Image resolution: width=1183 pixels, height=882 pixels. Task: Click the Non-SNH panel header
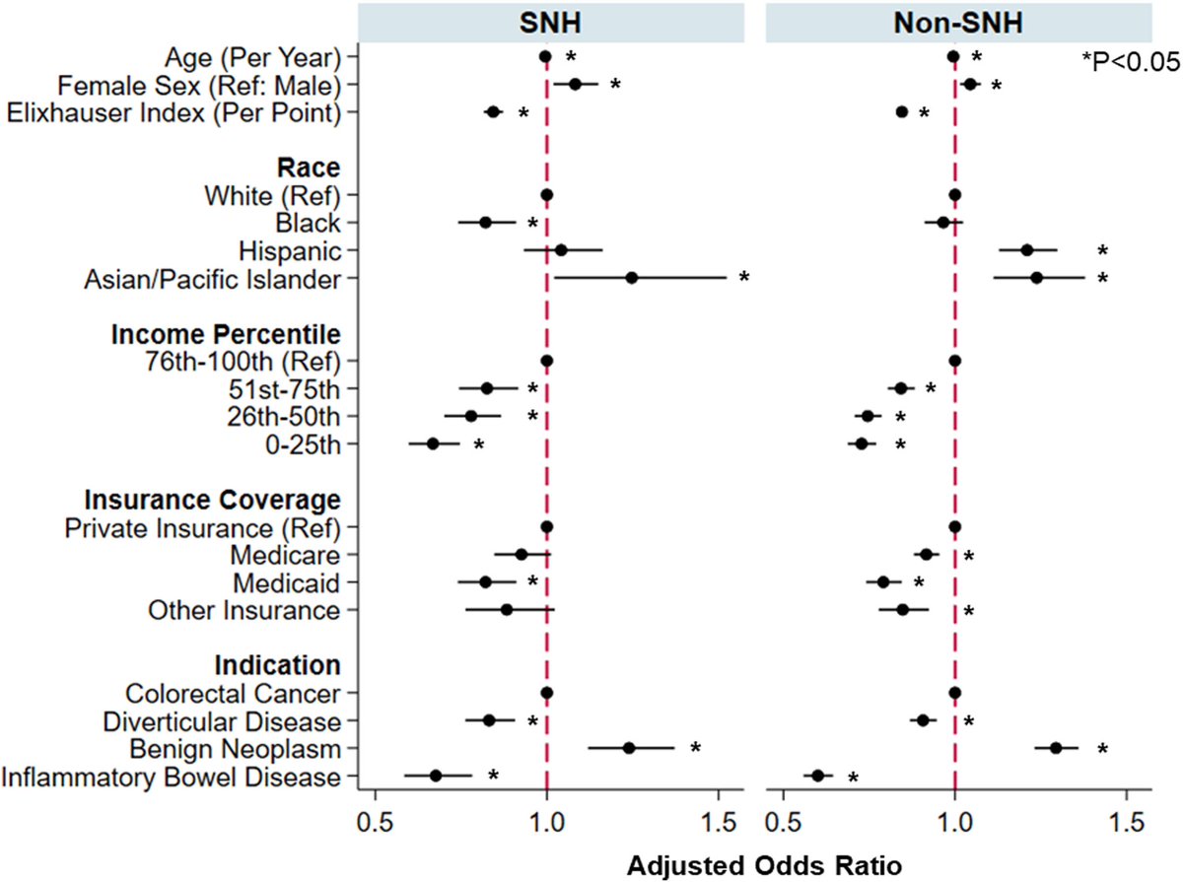(x=958, y=22)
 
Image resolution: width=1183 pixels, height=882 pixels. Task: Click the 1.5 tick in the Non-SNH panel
(x=1126, y=819)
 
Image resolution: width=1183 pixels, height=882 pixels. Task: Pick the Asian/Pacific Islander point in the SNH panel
(x=631, y=278)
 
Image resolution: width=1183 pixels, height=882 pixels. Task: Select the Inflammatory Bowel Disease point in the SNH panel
(x=436, y=777)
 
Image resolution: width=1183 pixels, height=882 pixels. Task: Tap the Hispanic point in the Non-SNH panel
(x=1026, y=250)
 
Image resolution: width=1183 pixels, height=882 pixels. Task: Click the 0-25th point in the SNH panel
(x=432, y=444)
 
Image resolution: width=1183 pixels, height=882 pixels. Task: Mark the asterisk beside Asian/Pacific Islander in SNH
(x=744, y=278)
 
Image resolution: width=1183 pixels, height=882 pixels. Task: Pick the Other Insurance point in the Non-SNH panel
(x=902, y=610)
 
